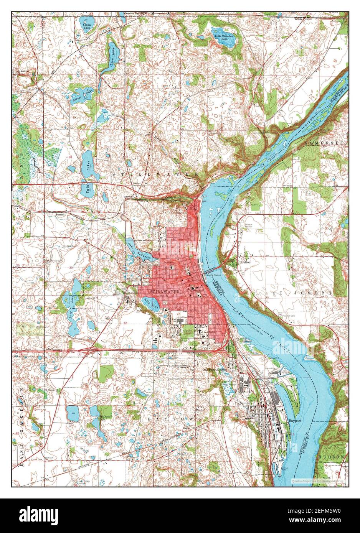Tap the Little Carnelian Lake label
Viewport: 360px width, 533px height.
click(224, 37)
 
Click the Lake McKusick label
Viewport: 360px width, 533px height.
click(135, 248)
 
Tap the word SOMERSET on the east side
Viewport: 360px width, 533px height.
click(326, 142)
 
